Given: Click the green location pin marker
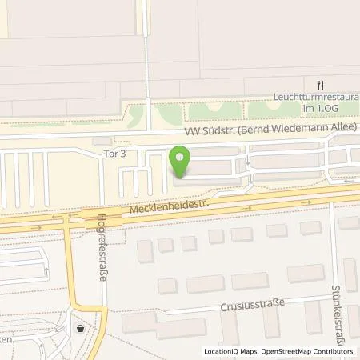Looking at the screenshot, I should click(x=182, y=162).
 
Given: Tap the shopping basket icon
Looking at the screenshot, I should click(x=79, y=328).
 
